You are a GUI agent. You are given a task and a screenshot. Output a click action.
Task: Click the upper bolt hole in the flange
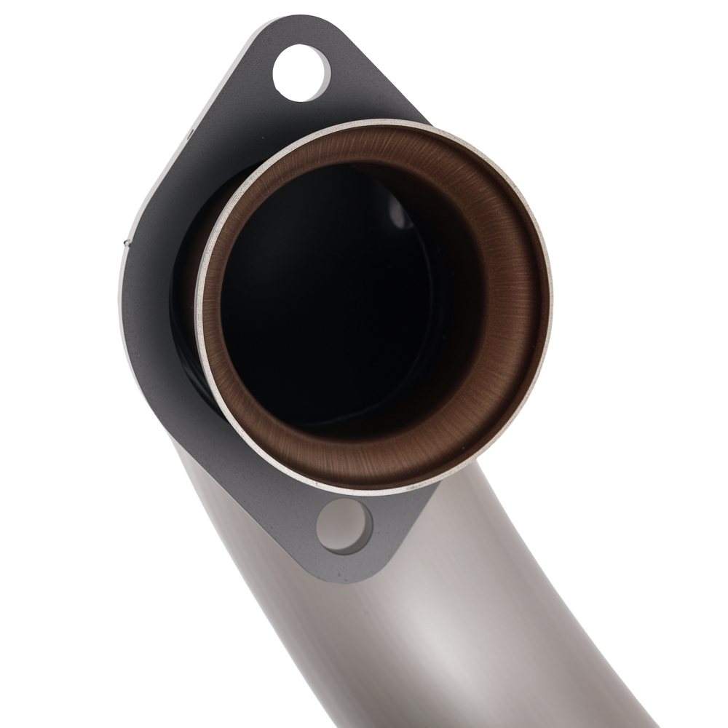pos(301,72)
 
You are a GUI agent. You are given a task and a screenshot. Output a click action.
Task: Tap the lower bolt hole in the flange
pos(344,526)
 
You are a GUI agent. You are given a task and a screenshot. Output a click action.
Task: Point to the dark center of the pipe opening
pos(328,291)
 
